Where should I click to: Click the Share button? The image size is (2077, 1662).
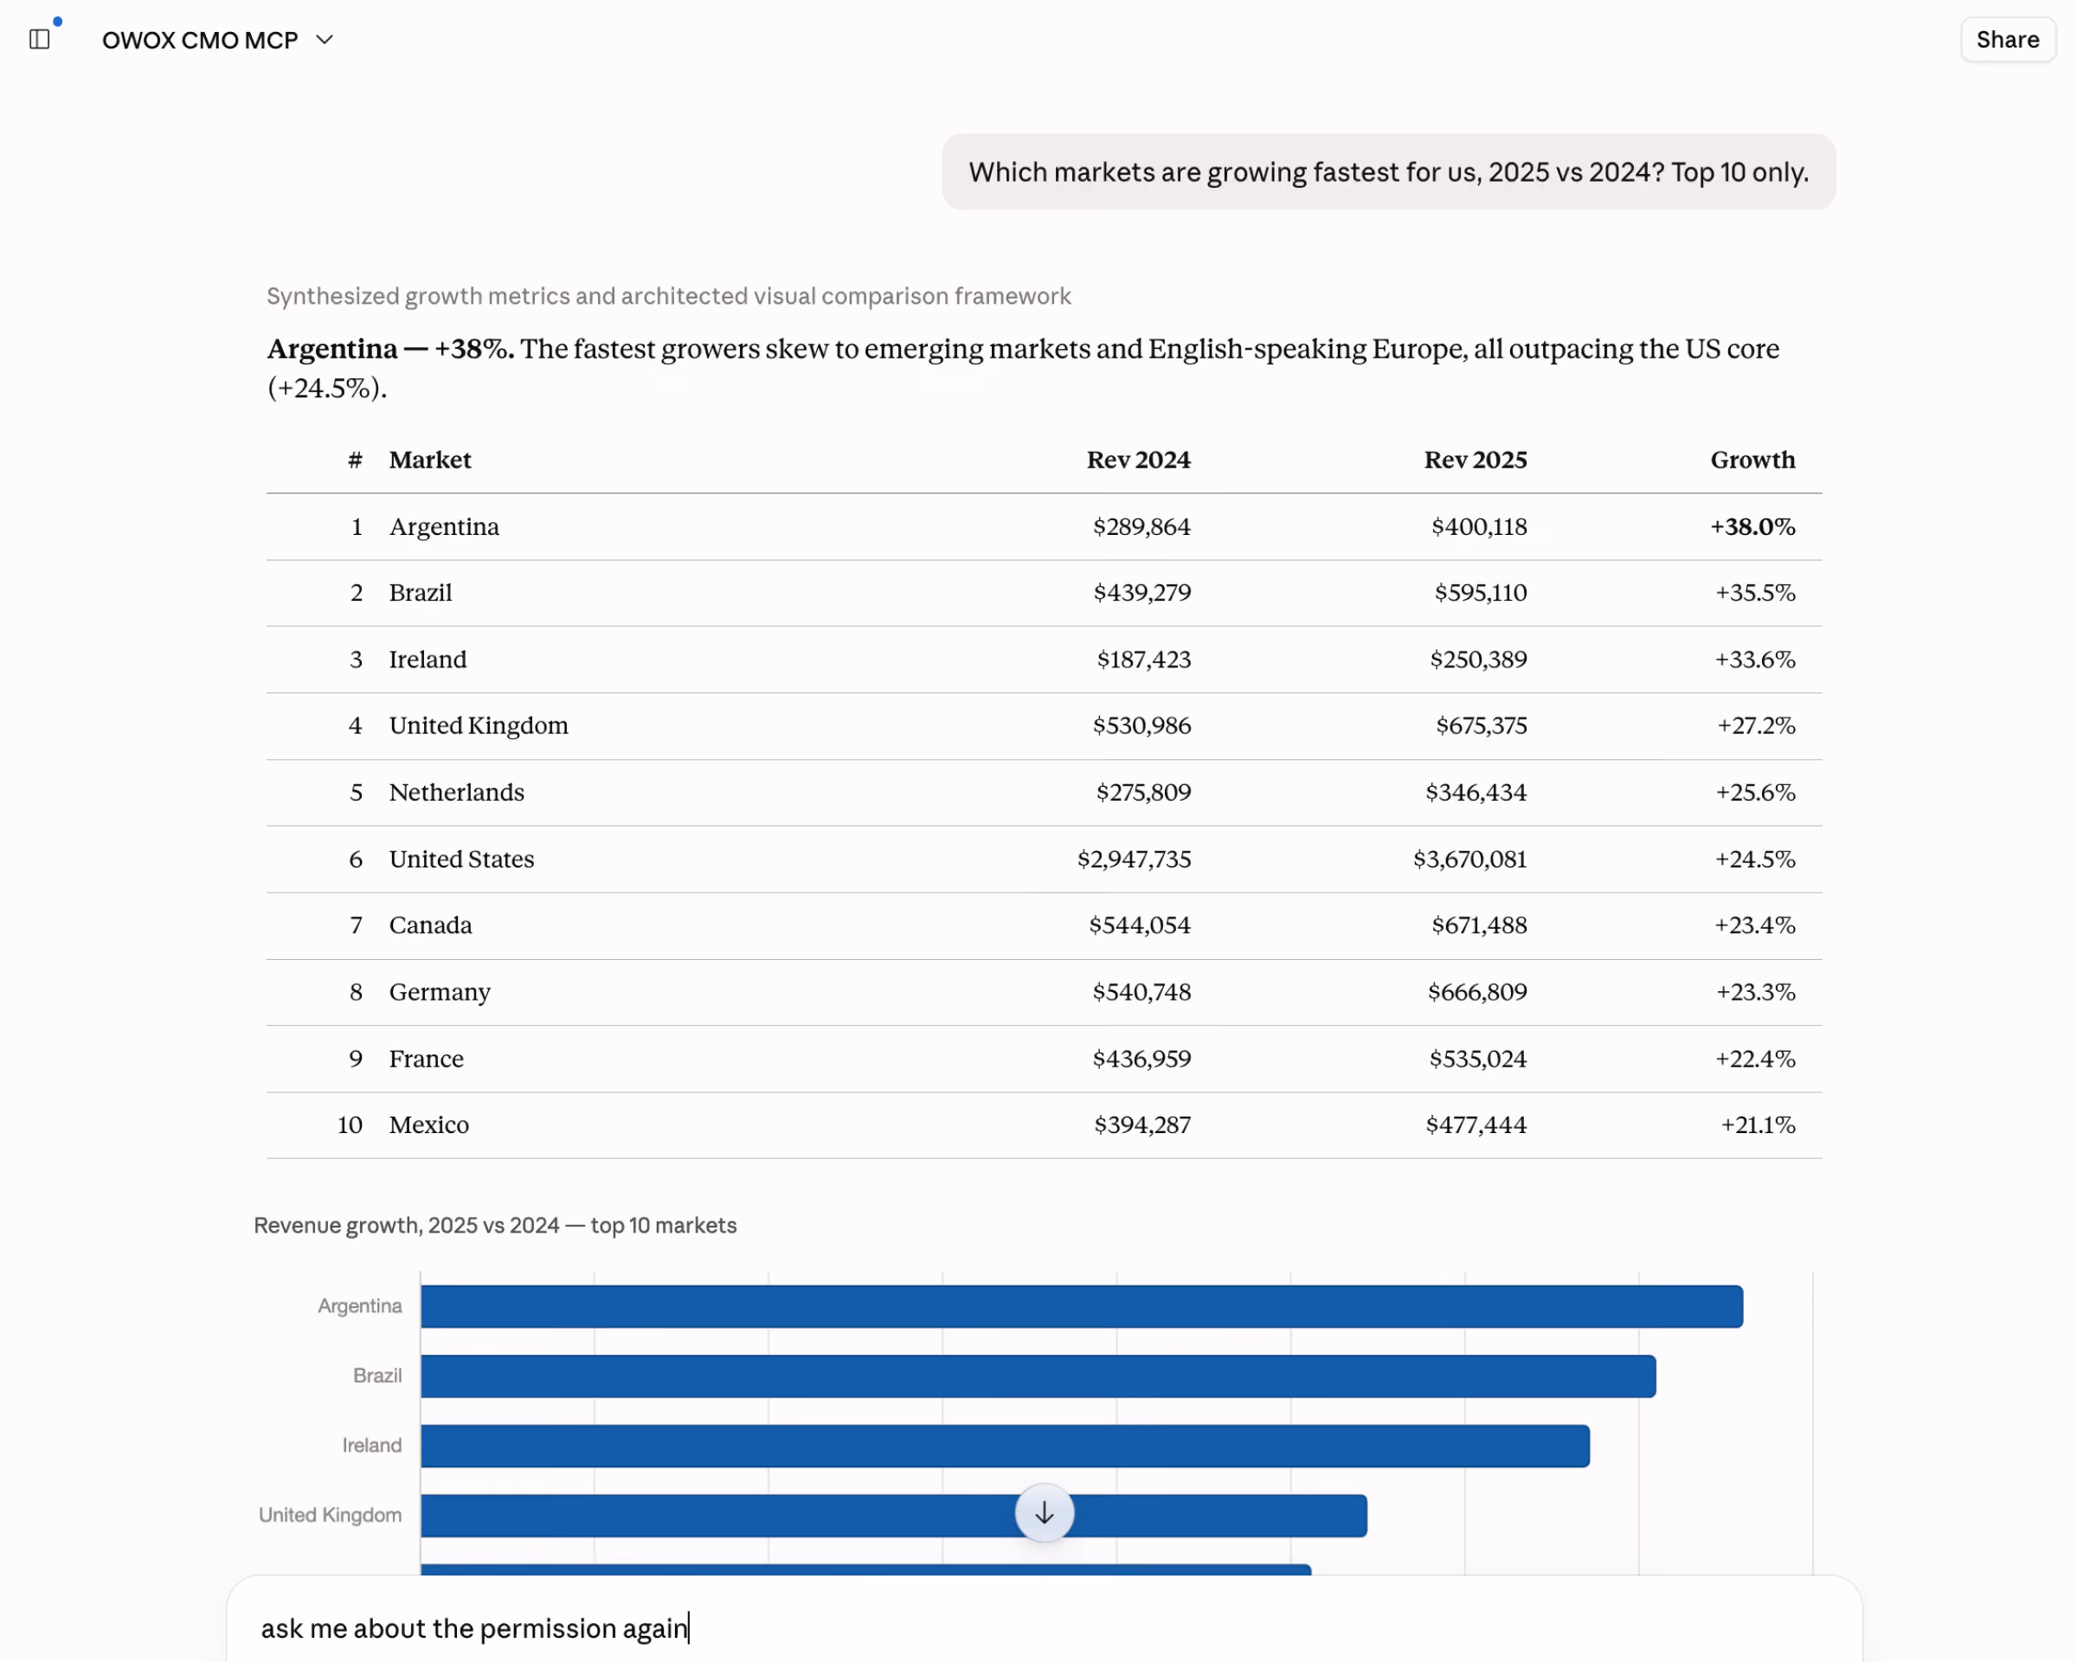click(2008, 40)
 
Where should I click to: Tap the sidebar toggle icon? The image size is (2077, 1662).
click(40, 40)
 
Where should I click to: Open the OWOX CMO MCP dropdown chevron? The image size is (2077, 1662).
click(325, 40)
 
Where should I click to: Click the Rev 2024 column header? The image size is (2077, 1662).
click(1139, 460)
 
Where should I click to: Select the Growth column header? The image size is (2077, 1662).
click(1752, 460)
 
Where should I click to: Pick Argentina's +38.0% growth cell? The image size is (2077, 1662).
click(1752, 526)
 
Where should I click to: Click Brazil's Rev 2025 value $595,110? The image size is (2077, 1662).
click(1481, 593)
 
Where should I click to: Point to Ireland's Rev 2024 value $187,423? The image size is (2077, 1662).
click(1143, 659)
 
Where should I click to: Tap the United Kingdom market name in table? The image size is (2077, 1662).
click(479, 725)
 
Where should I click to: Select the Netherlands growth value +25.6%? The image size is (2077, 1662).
click(1755, 792)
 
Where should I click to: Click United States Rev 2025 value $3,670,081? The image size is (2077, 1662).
click(1470, 859)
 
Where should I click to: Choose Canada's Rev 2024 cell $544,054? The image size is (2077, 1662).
click(1140, 925)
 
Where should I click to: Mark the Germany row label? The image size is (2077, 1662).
click(440, 992)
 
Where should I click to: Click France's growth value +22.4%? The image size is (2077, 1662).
click(1755, 1059)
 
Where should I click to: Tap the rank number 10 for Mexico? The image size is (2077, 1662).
click(350, 1125)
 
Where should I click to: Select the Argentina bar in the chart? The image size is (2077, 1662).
click(1082, 1306)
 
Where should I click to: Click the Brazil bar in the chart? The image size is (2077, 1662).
click(1038, 1375)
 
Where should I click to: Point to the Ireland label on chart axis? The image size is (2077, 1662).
click(372, 1446)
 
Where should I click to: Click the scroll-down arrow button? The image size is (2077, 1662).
click(1045, 1512)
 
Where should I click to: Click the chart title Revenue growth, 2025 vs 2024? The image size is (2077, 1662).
click(406, 1226)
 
